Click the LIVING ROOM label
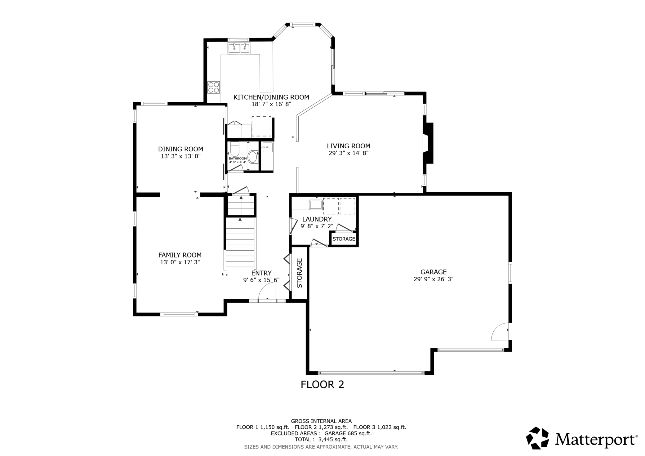point(349,146)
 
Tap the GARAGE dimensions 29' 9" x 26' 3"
point(434,279)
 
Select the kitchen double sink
point(239,48)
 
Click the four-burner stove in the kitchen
point(214,87)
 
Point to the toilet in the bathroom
point(235,150)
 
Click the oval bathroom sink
point(253,157)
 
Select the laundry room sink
point(316,205)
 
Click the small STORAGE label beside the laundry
point(344,239)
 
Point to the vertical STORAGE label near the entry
point(300,273)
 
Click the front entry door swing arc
point(267,292)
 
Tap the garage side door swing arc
point(500,332)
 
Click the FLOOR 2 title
point(322,385)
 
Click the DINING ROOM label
point(180,149)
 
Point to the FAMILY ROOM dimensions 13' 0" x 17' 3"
point(180,262)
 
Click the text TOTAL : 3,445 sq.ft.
point(321,439)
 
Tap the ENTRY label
point(261,273)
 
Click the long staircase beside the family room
point(240,242)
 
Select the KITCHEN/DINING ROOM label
point(271,97)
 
